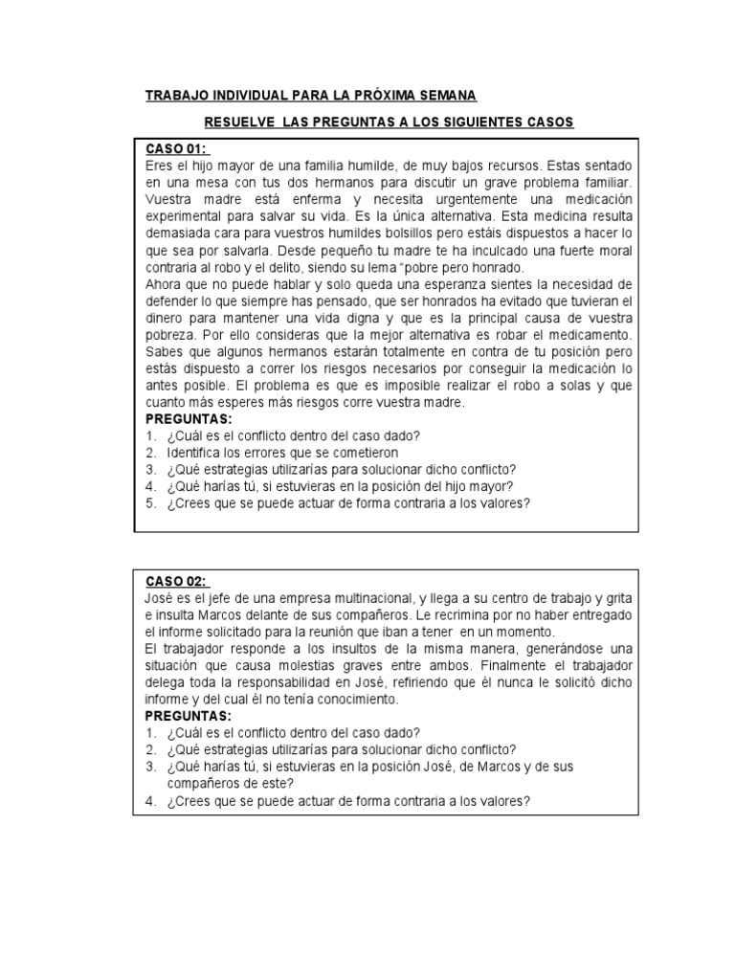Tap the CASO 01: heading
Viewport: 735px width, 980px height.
(177, 149)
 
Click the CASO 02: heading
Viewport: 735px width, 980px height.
(177, 582)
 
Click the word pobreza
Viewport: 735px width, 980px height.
(171, 337)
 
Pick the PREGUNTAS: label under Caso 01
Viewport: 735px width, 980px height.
(189, 419)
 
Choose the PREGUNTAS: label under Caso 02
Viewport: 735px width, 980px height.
(189, 715)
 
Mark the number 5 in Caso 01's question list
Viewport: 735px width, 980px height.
(150, 501)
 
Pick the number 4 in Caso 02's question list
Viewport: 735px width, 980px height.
(150, 801)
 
